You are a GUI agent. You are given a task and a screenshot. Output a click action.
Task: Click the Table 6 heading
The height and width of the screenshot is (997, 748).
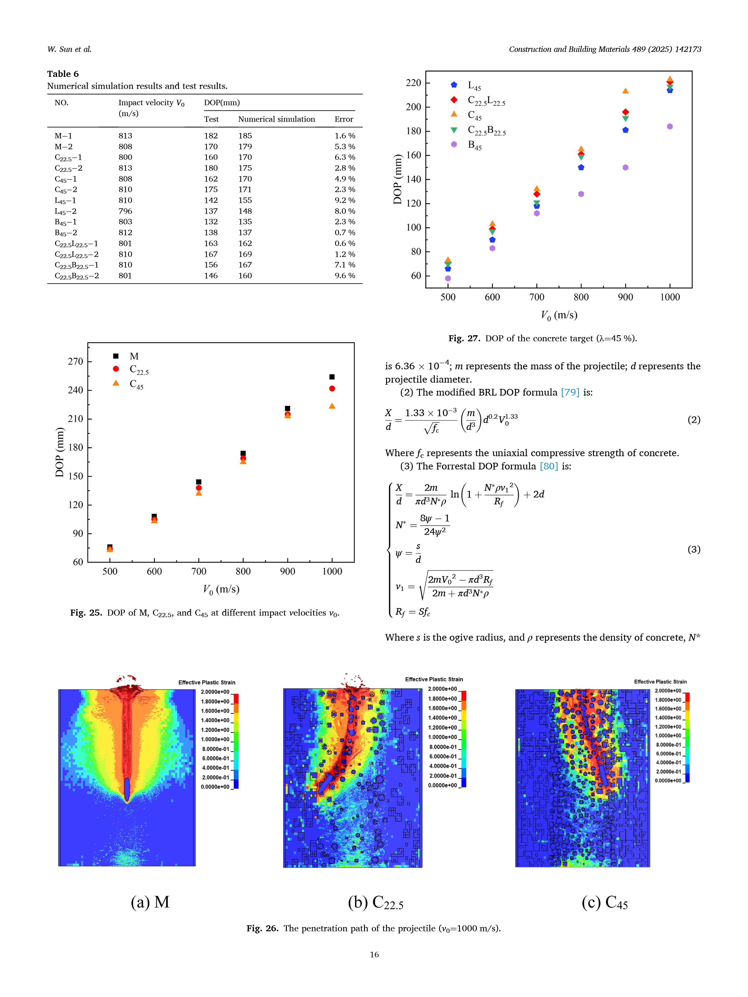click(x=63, y=74)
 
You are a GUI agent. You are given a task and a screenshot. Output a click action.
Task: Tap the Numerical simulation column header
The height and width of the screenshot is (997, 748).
click(x=276, y=119)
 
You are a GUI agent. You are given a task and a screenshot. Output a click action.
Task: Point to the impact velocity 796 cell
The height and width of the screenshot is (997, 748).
click(x=125, y=211)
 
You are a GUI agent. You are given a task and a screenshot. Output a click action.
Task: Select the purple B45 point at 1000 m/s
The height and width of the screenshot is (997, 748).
click(x=670, y=127)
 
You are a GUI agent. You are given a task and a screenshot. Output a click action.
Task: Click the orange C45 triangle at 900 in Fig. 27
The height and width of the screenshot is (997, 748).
click(x=625, y=91)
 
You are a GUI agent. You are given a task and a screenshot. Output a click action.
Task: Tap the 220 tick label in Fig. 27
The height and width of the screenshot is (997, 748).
click(x=413, y=83)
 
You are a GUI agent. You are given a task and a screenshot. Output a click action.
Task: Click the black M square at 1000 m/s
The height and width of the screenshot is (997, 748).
click(x=332, y=377)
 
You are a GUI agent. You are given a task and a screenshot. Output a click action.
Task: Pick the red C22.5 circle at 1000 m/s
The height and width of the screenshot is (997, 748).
click(x=332, y=389)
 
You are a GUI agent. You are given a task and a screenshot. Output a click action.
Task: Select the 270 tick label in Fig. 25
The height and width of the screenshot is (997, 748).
click(x=75, y=361)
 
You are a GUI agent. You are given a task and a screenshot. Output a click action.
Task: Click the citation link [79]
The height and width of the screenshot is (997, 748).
click(x=570, y=392)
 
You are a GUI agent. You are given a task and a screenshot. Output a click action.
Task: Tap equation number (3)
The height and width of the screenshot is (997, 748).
click(x=693, y=549)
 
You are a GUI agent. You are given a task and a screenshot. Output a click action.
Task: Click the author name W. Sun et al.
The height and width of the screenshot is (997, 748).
click(x=69, y=49)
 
